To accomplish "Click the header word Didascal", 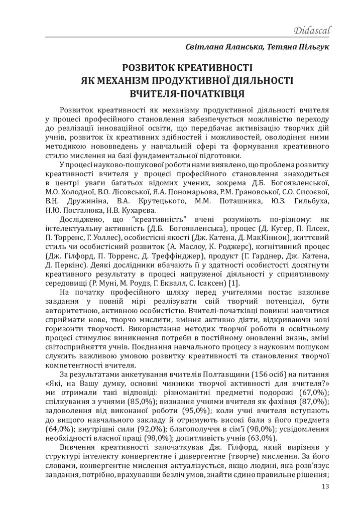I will point(312,31).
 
